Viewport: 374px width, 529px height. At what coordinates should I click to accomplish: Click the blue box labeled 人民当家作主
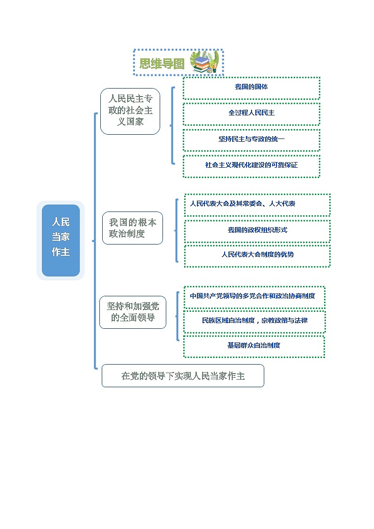tap(61, 240)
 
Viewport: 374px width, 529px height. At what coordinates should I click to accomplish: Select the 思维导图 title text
tap(162, 64)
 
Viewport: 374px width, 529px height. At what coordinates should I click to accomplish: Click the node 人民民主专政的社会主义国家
tap(130, 111)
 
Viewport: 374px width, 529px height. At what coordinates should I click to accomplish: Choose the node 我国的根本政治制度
tap(132, 228)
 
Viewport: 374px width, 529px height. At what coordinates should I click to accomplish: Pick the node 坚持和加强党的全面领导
tap(133, 312)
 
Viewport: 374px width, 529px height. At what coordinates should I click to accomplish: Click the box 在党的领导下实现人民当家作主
tap(183, 376)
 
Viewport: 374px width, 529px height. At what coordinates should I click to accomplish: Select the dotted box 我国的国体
tap(251, 88)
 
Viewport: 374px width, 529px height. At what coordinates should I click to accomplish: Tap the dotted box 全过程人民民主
tap(251, 114)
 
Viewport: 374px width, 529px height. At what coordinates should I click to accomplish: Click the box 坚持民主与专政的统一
tap(251, 140)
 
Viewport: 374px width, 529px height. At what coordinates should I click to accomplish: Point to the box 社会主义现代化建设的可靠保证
tap(251, 166)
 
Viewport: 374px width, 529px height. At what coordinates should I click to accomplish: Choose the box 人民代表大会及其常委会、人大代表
tap(257, 204)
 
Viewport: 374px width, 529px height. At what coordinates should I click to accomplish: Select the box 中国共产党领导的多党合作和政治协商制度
tap(253, 297)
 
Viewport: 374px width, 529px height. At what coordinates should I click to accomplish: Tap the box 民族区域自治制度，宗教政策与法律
tap(253, 321)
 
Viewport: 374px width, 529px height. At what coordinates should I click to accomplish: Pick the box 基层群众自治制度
tap(253, 346)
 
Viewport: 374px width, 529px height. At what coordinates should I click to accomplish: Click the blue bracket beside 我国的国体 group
tap(172, 126)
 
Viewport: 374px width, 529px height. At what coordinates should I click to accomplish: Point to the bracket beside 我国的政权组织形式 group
tap(177, 230)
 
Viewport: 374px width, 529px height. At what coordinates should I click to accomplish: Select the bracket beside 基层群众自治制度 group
tap(178, 316)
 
